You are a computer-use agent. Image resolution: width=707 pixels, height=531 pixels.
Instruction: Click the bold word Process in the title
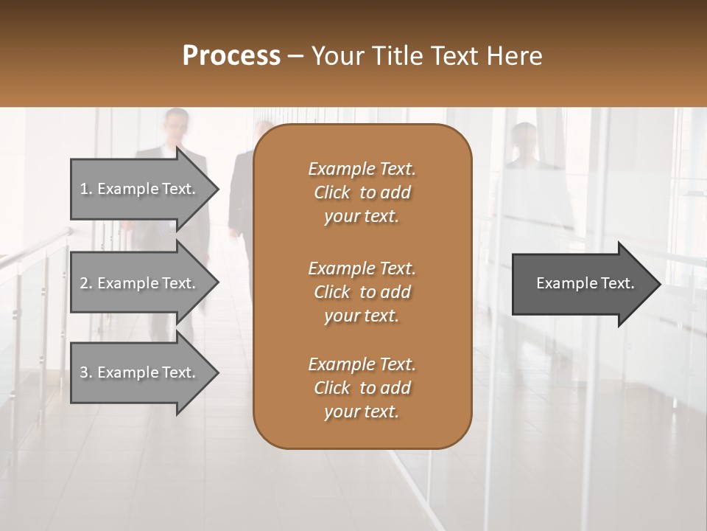[231, 56]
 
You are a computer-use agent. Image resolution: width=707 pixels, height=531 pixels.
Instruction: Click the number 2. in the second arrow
[86, 283]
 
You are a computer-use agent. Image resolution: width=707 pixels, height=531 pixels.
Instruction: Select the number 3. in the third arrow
[86, 372]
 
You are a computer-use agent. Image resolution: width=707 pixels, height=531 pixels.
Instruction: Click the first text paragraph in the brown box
[362, 192]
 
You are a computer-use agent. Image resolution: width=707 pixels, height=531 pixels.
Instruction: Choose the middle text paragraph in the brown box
[362, 292]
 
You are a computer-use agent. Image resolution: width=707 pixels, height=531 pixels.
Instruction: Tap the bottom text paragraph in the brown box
[362, 388]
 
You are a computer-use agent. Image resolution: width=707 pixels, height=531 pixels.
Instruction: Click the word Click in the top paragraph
[332, 192]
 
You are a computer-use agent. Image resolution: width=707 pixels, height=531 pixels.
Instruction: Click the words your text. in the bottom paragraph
[362, 412]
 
